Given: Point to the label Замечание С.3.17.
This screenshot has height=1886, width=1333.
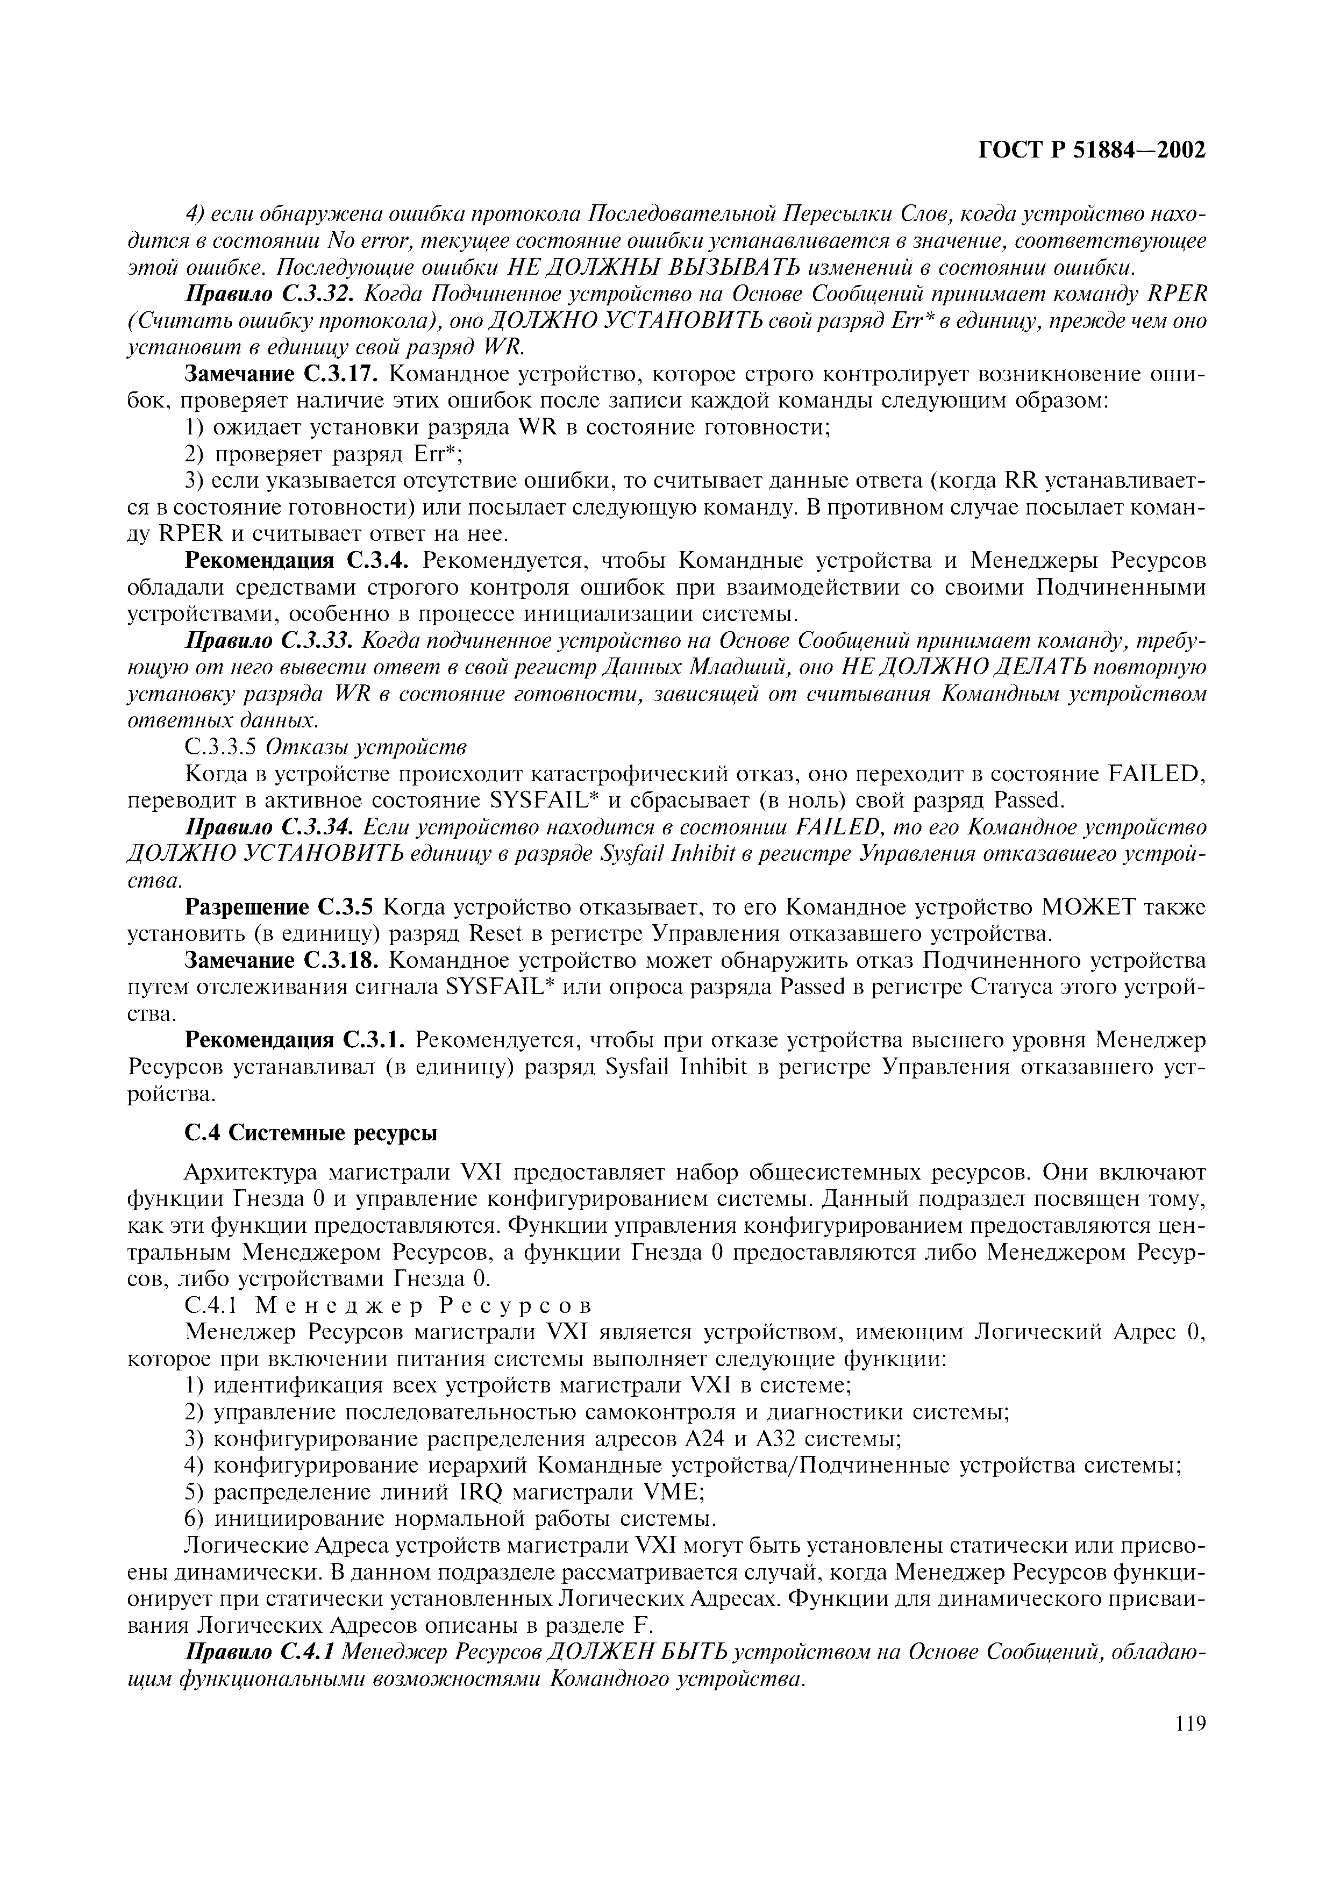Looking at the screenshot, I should click(x=282, y=375).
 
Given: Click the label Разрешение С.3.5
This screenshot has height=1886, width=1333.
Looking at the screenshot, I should click(x=279, y=908).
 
